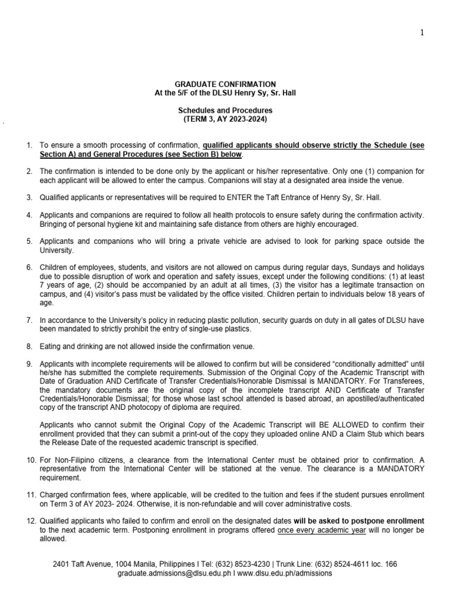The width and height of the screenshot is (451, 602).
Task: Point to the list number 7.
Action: click(x=28, y=320)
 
